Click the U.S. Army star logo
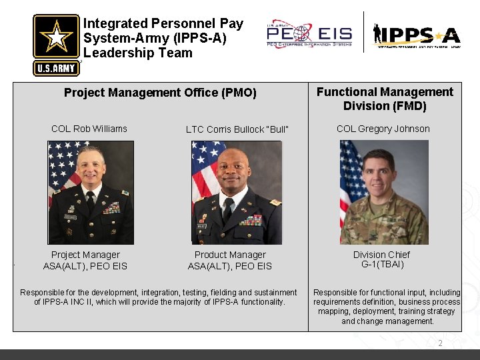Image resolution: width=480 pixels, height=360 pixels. (56, 44)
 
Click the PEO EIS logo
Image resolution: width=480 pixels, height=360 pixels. (309, 33)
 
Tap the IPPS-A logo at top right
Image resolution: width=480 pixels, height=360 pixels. (417, 35)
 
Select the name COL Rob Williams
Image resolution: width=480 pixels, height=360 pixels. (89, 129)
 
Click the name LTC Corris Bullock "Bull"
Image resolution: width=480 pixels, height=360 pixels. (237, 129)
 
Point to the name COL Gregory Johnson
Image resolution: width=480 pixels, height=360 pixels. (383, 129)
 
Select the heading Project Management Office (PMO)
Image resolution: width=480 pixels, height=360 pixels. (160, 93)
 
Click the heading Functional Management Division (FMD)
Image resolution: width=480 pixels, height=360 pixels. (385, 99)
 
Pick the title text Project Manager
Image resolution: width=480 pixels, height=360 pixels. (85, 255)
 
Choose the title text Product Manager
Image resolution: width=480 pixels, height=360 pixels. (230, 255)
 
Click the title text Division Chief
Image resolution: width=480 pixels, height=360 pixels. (382, 255)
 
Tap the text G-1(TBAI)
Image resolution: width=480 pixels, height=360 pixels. (383, 264)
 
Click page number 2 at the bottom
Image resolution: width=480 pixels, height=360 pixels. (440, 343)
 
